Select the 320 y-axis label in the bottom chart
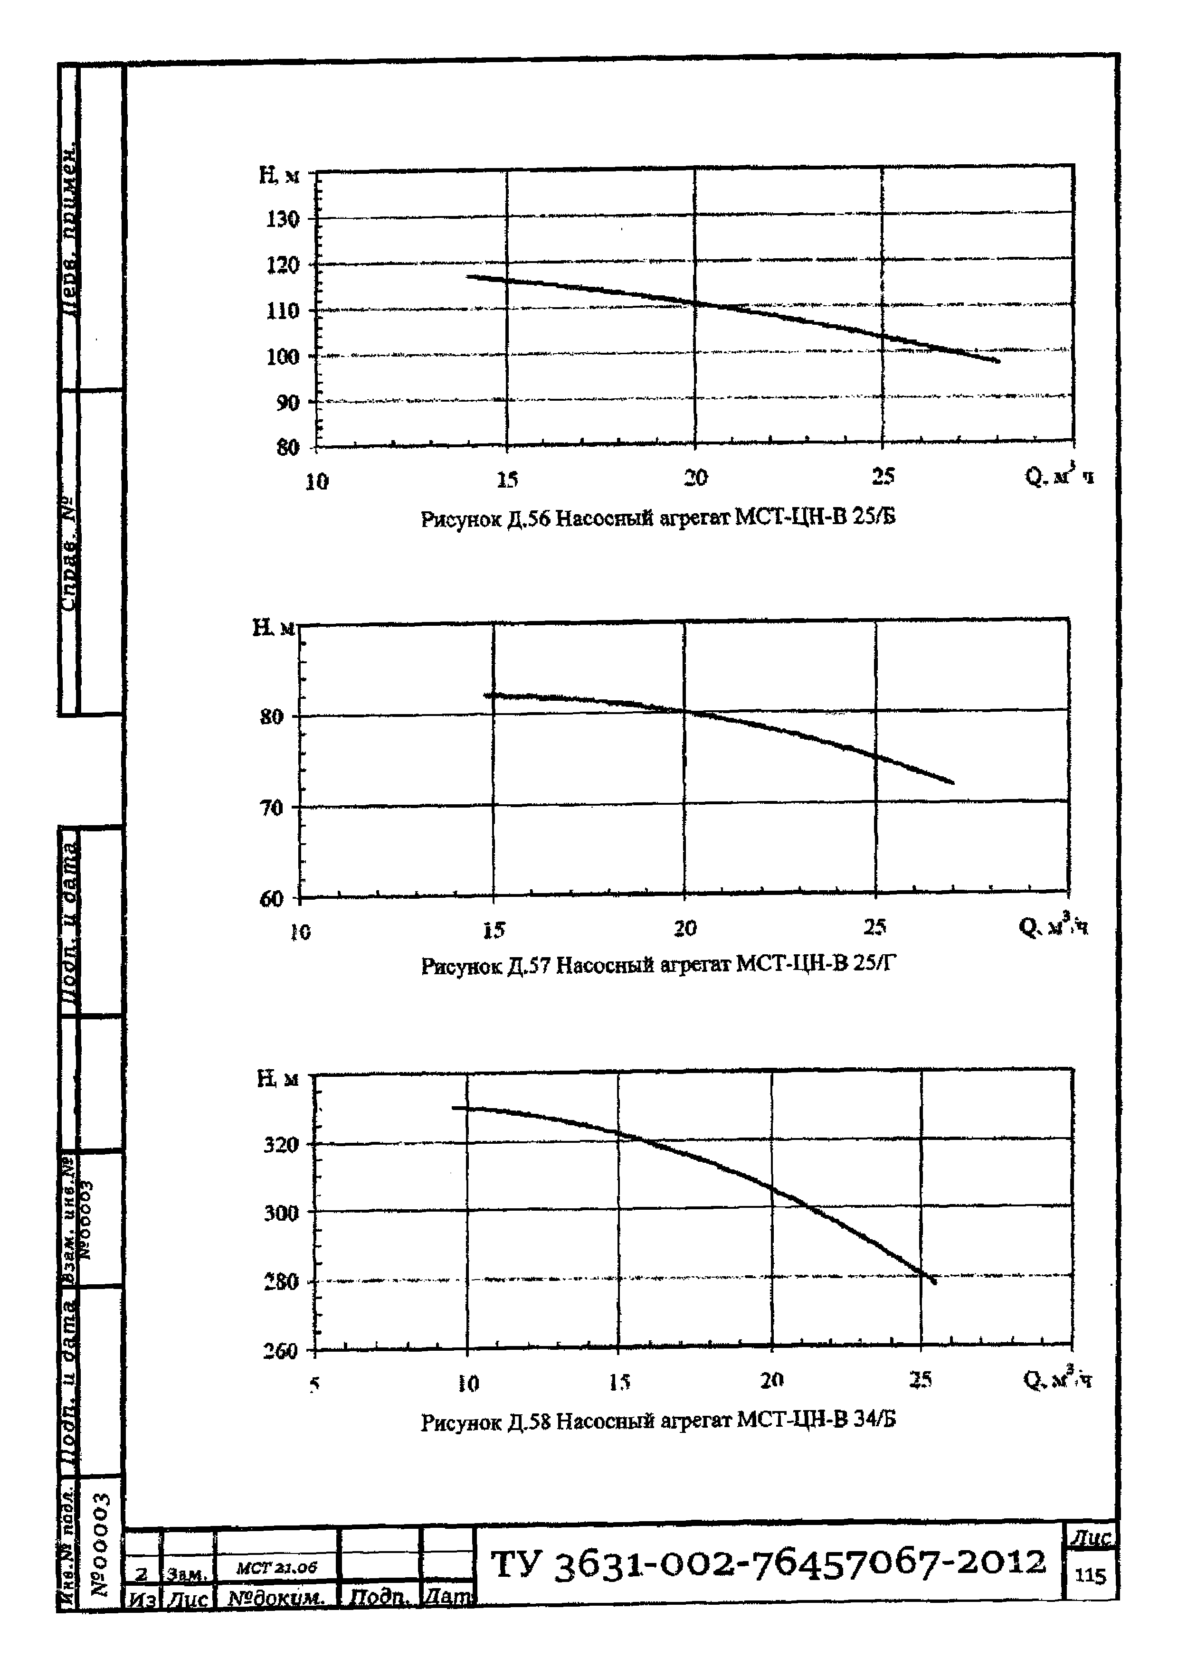tap(280, 1145)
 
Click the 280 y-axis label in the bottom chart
tap(280, 1282)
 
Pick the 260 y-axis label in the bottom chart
tap(280, 1351)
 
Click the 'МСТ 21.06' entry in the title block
tap(276, 1567)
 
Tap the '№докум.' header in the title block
tap(276, 1598)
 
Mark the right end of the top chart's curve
tap(999, 361)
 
